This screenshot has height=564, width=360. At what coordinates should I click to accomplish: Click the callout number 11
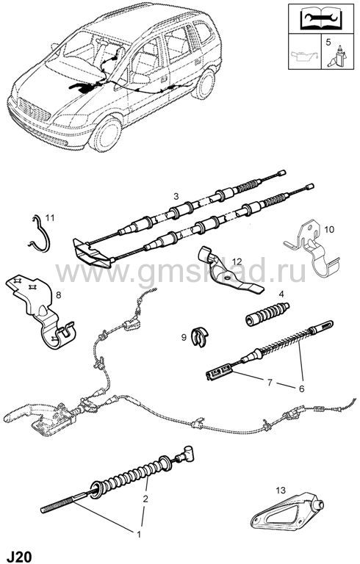point(50,217)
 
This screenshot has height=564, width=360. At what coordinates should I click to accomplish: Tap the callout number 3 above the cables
point(176,196)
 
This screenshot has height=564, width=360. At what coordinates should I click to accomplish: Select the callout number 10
point(329,229)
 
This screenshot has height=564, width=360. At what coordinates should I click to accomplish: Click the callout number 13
point(281,490)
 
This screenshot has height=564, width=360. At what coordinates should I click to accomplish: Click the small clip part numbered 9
point(201,337)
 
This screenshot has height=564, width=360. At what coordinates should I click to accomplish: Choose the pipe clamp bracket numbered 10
point(312,252)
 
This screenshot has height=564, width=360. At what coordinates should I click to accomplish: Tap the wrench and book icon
point(322,18)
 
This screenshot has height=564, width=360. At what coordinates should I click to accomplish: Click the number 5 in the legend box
point(328,42)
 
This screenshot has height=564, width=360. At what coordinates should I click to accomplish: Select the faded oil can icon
point(305,57)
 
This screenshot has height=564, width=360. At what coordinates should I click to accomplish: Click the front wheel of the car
point(106,134)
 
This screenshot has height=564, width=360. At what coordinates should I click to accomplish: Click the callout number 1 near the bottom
point(139,535)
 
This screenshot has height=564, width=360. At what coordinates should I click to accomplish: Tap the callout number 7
point(270,383)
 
